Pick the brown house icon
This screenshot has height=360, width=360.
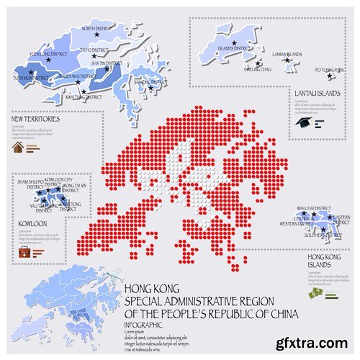pos(18,148)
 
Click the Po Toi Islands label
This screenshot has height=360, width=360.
pos(330,70)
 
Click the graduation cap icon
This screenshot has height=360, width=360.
pos(302,122)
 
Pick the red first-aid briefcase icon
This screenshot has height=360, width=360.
pos(24,252)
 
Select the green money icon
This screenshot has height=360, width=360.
pos(315,293)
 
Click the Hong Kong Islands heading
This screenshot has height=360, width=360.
pos(323,261)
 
